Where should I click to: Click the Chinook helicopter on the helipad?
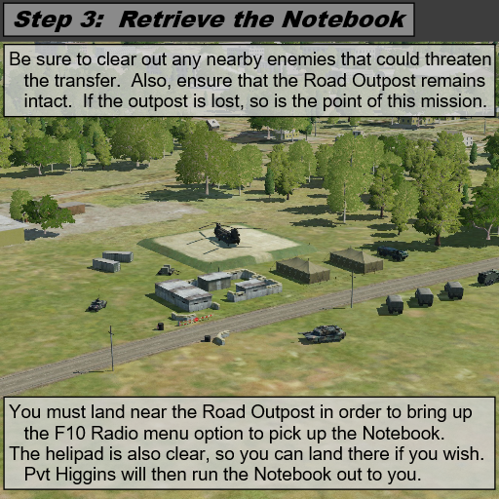click(x=227, y=233)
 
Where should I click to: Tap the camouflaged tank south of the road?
click(x=323, y=333)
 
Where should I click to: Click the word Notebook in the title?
click(x=344, y=19)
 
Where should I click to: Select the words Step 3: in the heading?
click(x=58, y=19)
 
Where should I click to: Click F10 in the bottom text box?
click(x=69, y=433)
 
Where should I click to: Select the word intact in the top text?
click(x=48, y=101)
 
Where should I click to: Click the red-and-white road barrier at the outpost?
click(x=195, y=320)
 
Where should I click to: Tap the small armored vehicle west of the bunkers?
click(x=97, y=304)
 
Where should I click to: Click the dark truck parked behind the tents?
click(x=393, y=252)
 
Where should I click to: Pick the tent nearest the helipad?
click(x=303, y=270)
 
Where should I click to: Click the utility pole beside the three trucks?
click(x=352, y=288)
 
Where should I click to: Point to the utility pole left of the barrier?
click(x=111, y=348)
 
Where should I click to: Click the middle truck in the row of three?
click(x=424, y=296)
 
